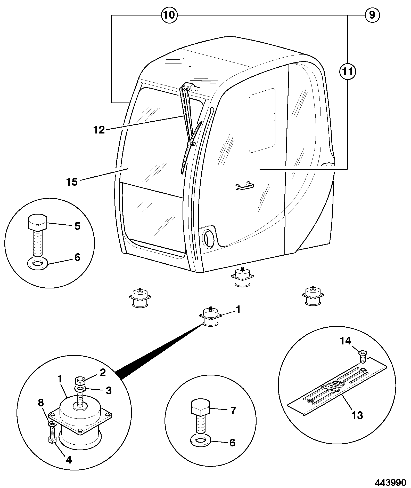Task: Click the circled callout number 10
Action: pos(169,15)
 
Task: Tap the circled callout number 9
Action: pos(372,15)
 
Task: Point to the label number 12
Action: pos(99,130)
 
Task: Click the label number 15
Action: pos(72,182)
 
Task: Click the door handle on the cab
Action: pos(244,185)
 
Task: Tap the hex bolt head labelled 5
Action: pos(37,222)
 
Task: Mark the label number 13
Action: pos(357,415)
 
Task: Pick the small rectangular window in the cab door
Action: pos(262,120)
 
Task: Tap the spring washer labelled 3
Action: pos(80,389)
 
